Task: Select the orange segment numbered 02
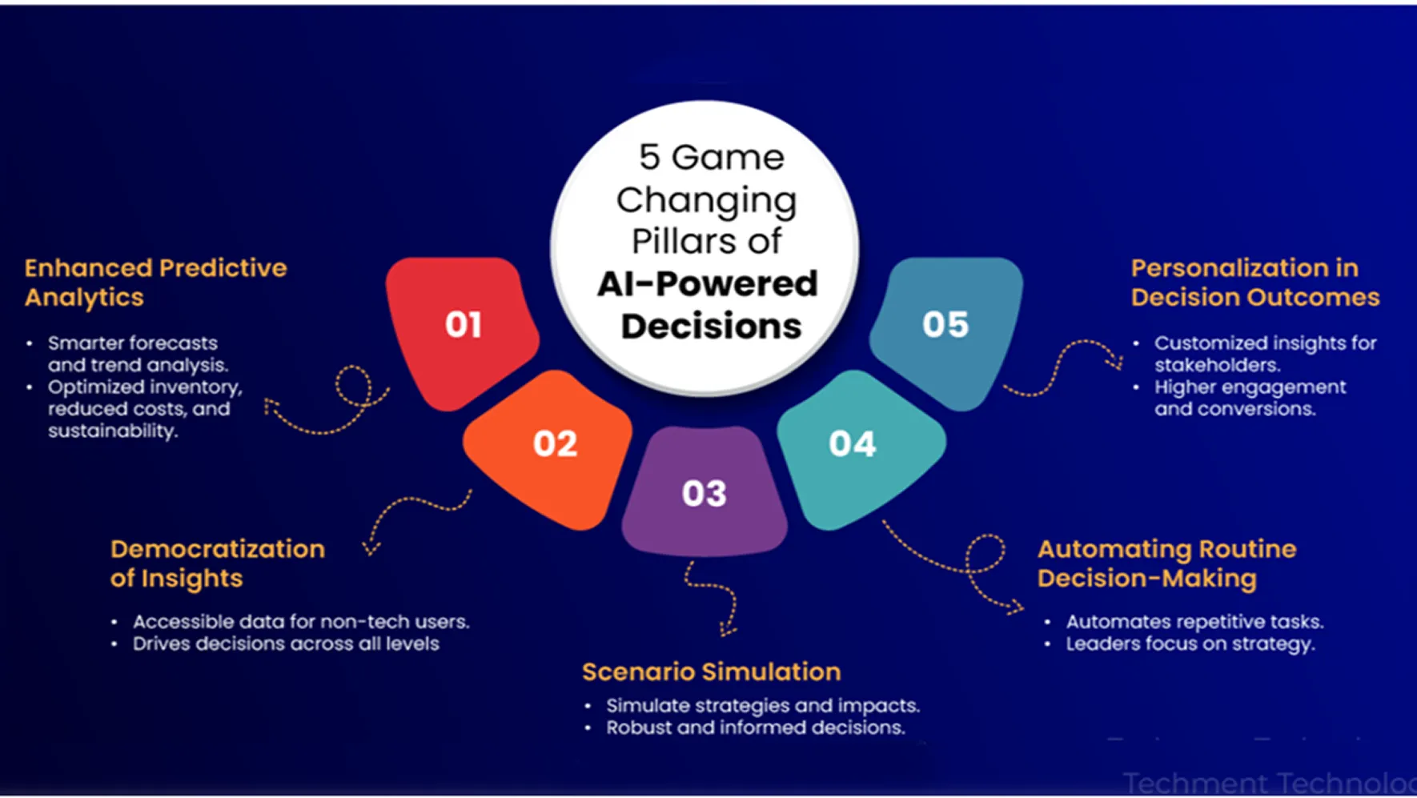(552, 447)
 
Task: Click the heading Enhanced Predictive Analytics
(155, 283)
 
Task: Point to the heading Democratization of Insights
(217, 563)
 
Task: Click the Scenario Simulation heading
(711, 672)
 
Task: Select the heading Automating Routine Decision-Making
(1166, 563)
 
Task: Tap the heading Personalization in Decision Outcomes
(1254, 283)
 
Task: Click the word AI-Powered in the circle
(707, 284)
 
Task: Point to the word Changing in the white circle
(706, 200)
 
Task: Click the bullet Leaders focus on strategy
(1190, 644)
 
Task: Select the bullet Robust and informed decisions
(755, 728)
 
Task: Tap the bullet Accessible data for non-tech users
(300, 622)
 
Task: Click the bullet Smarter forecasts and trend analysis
(137, 354)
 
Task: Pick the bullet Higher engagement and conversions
(1249, 398)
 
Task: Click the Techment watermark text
(1268, 783)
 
